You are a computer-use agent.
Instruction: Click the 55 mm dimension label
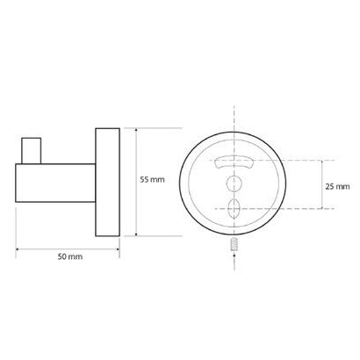point(152,179)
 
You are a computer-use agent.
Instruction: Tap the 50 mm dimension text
point(70,256)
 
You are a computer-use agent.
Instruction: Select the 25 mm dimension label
point(337,186)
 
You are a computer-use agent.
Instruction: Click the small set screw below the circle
point(234,245)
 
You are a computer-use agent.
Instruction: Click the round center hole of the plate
point(234,184)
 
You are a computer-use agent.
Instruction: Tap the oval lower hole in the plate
point(234,208)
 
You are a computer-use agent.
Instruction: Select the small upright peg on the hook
point(32,150)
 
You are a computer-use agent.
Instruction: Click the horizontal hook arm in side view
point(55,183)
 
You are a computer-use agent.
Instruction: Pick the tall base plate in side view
point(108,182)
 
